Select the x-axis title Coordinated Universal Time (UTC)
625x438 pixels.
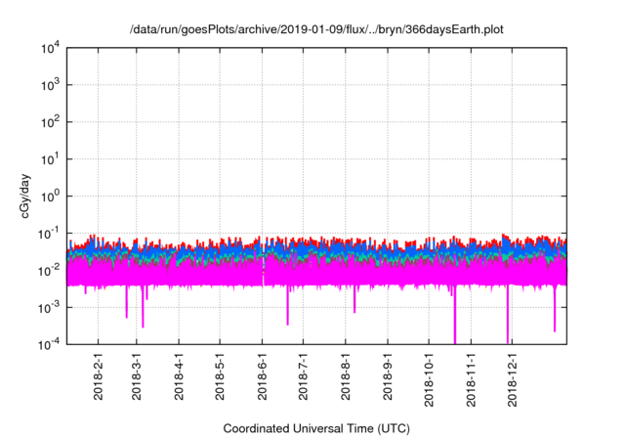(x=315, y=428)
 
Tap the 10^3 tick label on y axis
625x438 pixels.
(x=49, y=85)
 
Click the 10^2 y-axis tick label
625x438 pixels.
(x=49, y=122)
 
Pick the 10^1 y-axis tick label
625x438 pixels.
(x=49, y=158)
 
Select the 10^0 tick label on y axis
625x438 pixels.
(x=49, y=196)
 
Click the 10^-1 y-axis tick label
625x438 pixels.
(x=47, y=233)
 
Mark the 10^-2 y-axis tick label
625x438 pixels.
(x=47, y=270)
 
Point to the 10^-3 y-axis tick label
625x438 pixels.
(x=47, y=307)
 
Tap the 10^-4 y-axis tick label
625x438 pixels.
(x=47, y=343)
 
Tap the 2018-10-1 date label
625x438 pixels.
(x=429, y=379)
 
